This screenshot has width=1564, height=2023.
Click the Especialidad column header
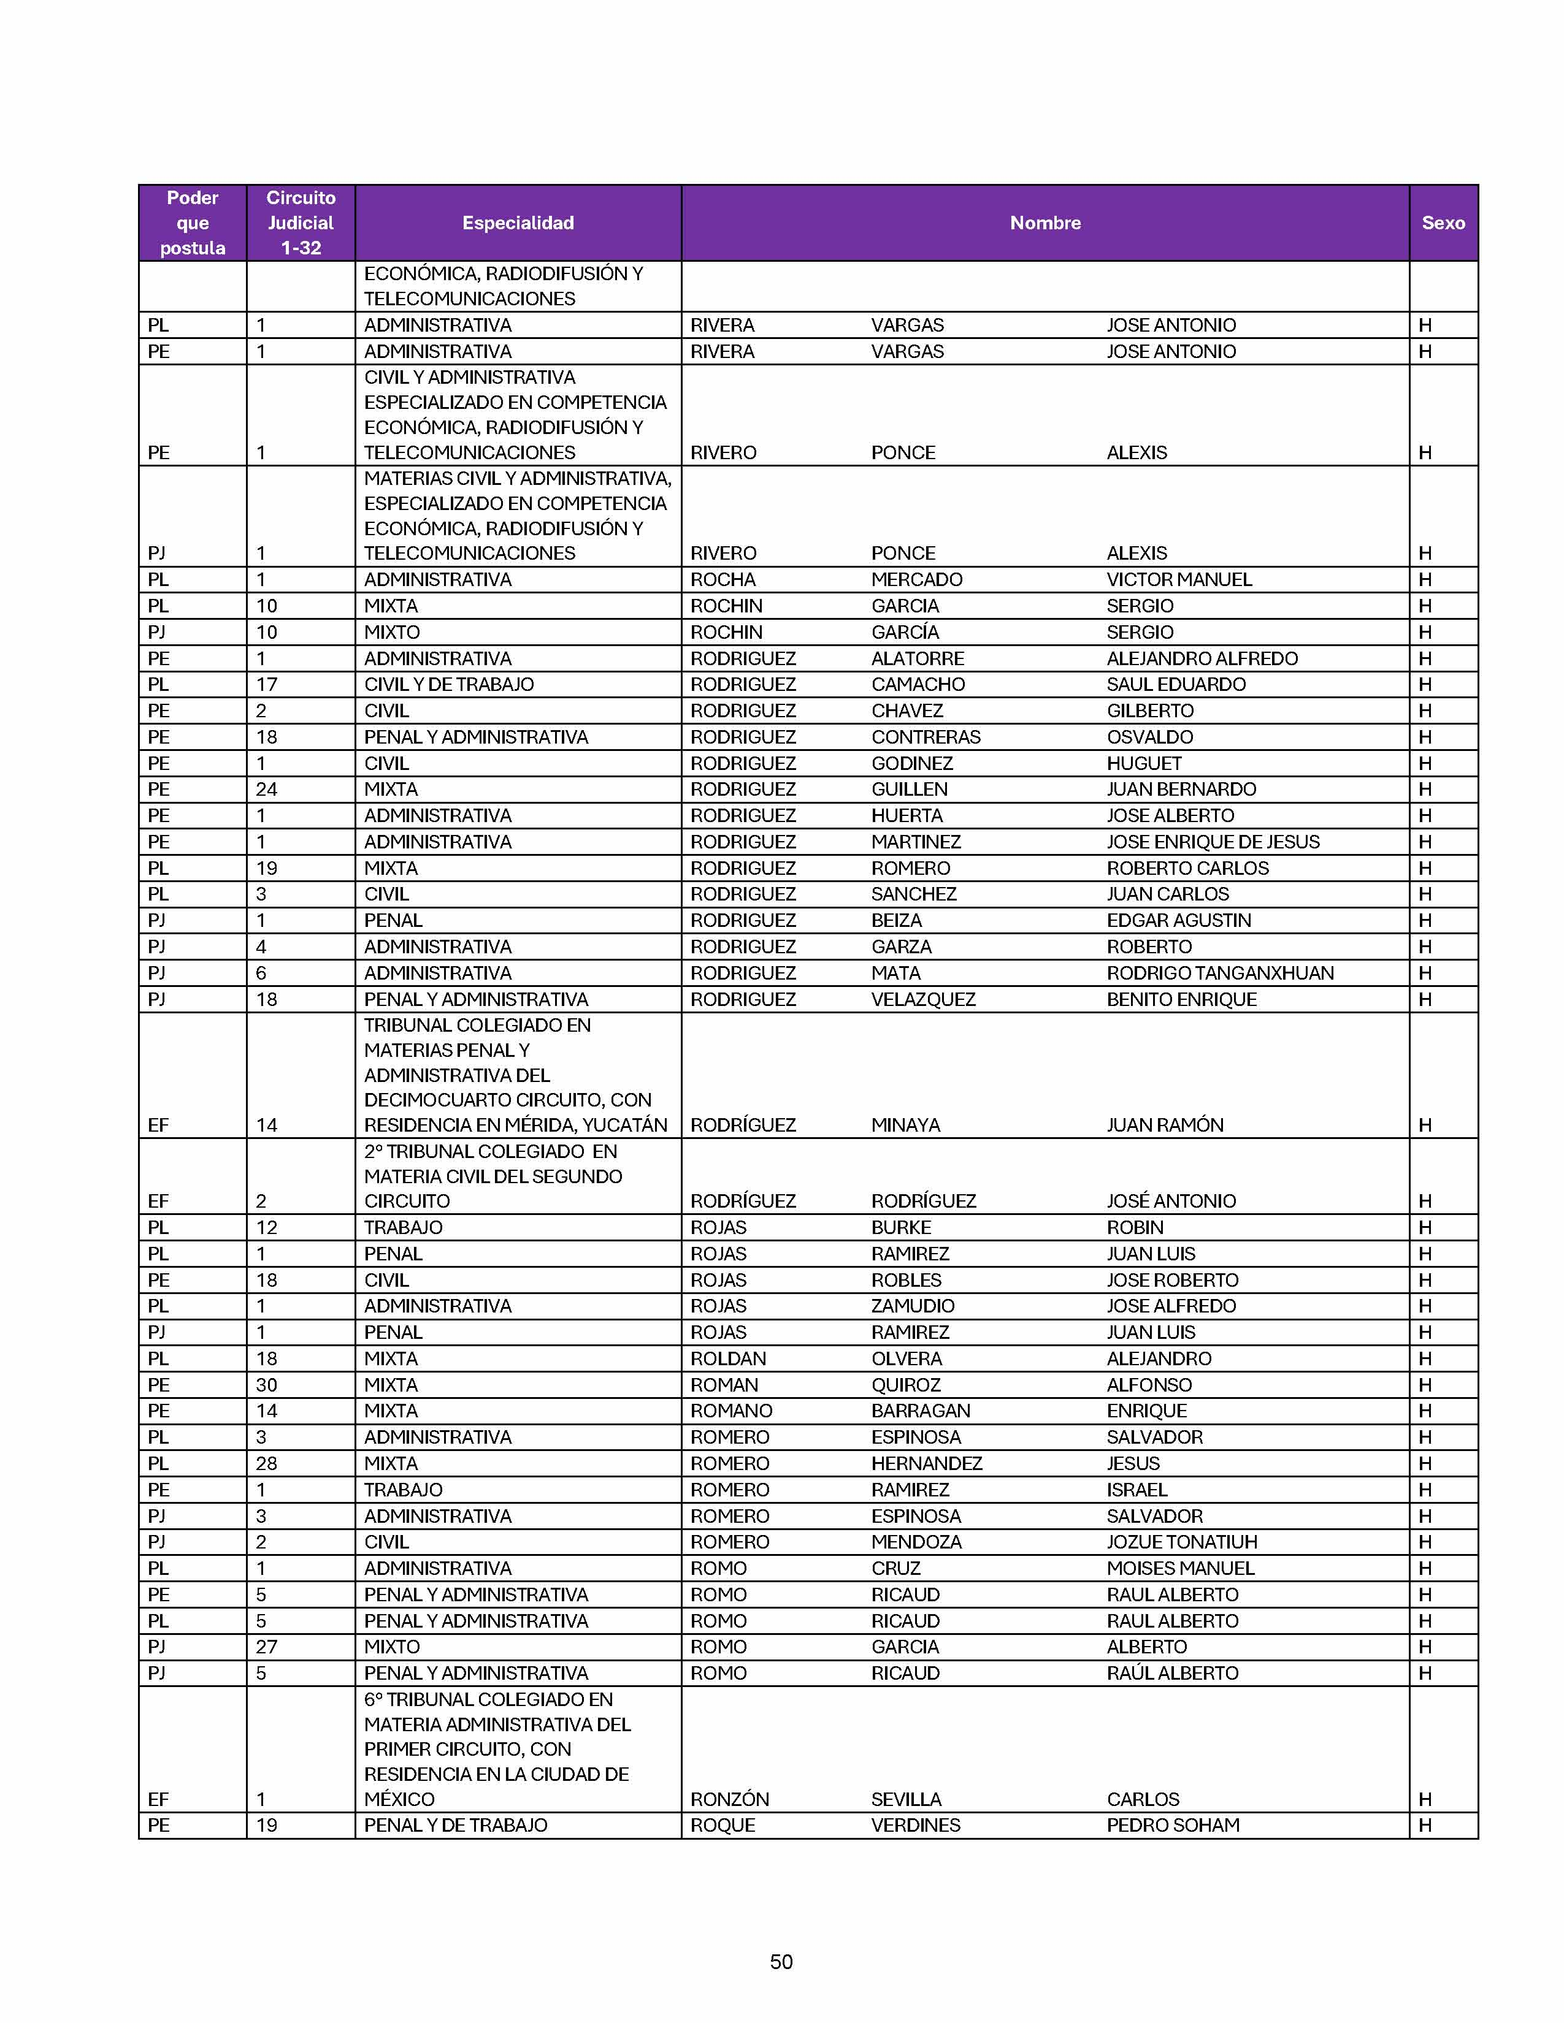(518, 223)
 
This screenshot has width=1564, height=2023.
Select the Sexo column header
(1443, 223)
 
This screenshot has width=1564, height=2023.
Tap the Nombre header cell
(1045, 223)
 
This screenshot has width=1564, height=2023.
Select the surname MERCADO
(916, 579)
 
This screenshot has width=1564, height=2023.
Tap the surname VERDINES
(916, 1825)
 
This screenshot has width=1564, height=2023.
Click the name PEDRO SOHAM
(1173, 1825)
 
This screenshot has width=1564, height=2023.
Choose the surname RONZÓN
(729, 1799)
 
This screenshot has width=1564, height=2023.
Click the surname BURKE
(900, 1227)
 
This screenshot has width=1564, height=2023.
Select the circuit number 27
(267, 1646)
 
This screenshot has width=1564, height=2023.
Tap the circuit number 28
(267, 1463)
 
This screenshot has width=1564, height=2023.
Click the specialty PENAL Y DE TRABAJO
(455, 1825)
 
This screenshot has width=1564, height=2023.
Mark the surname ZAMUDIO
(913, 1305)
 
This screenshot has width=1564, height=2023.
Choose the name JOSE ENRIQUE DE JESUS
(1213, 841)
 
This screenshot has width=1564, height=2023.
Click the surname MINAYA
(905, 1124)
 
